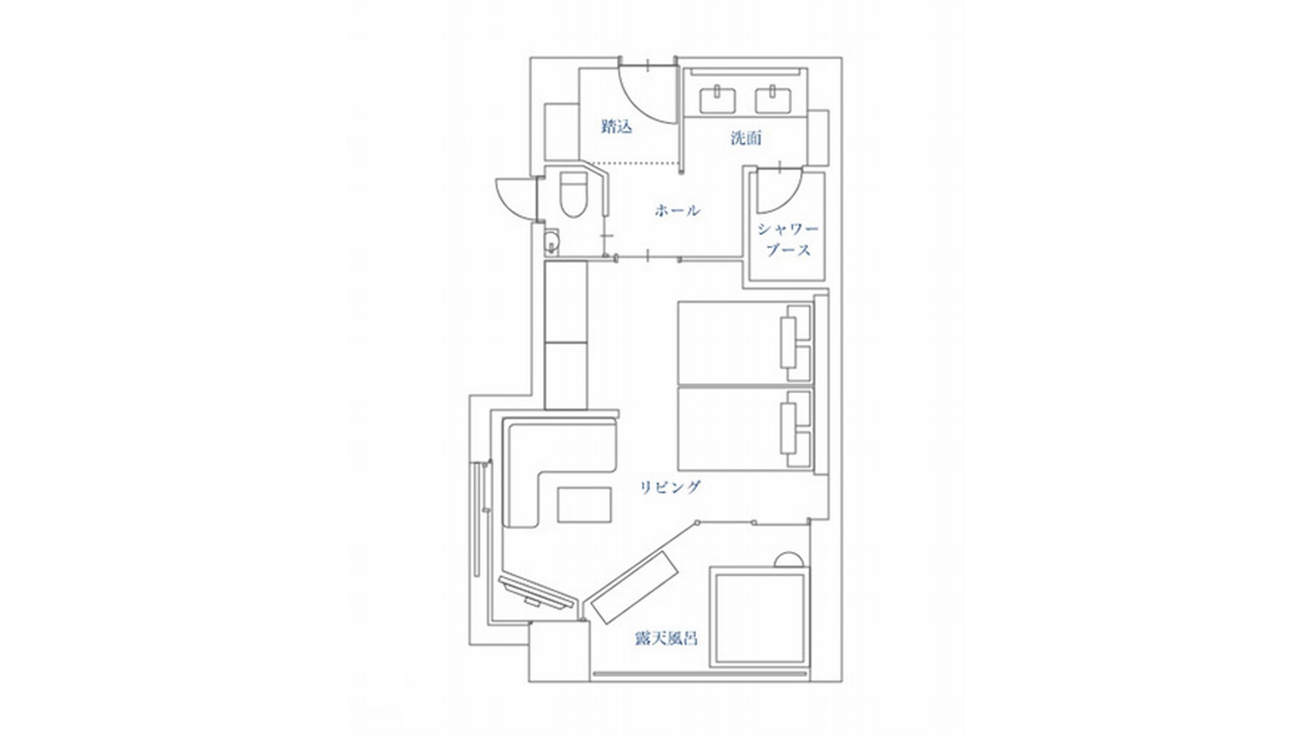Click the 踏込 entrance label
(x=616, y=126)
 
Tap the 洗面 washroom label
(x=746, y=138)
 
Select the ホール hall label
(x=677, y=210)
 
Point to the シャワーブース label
(x=788, y=239)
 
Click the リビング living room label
(x=670, y=487)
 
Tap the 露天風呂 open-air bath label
(x=666, y=638)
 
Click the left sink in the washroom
(x=718, y=100)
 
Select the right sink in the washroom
(x=775, y=100)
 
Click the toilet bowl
(x=573, y=195)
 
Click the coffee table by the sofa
(x=584, y=504)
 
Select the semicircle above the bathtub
(x=787, y=560)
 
